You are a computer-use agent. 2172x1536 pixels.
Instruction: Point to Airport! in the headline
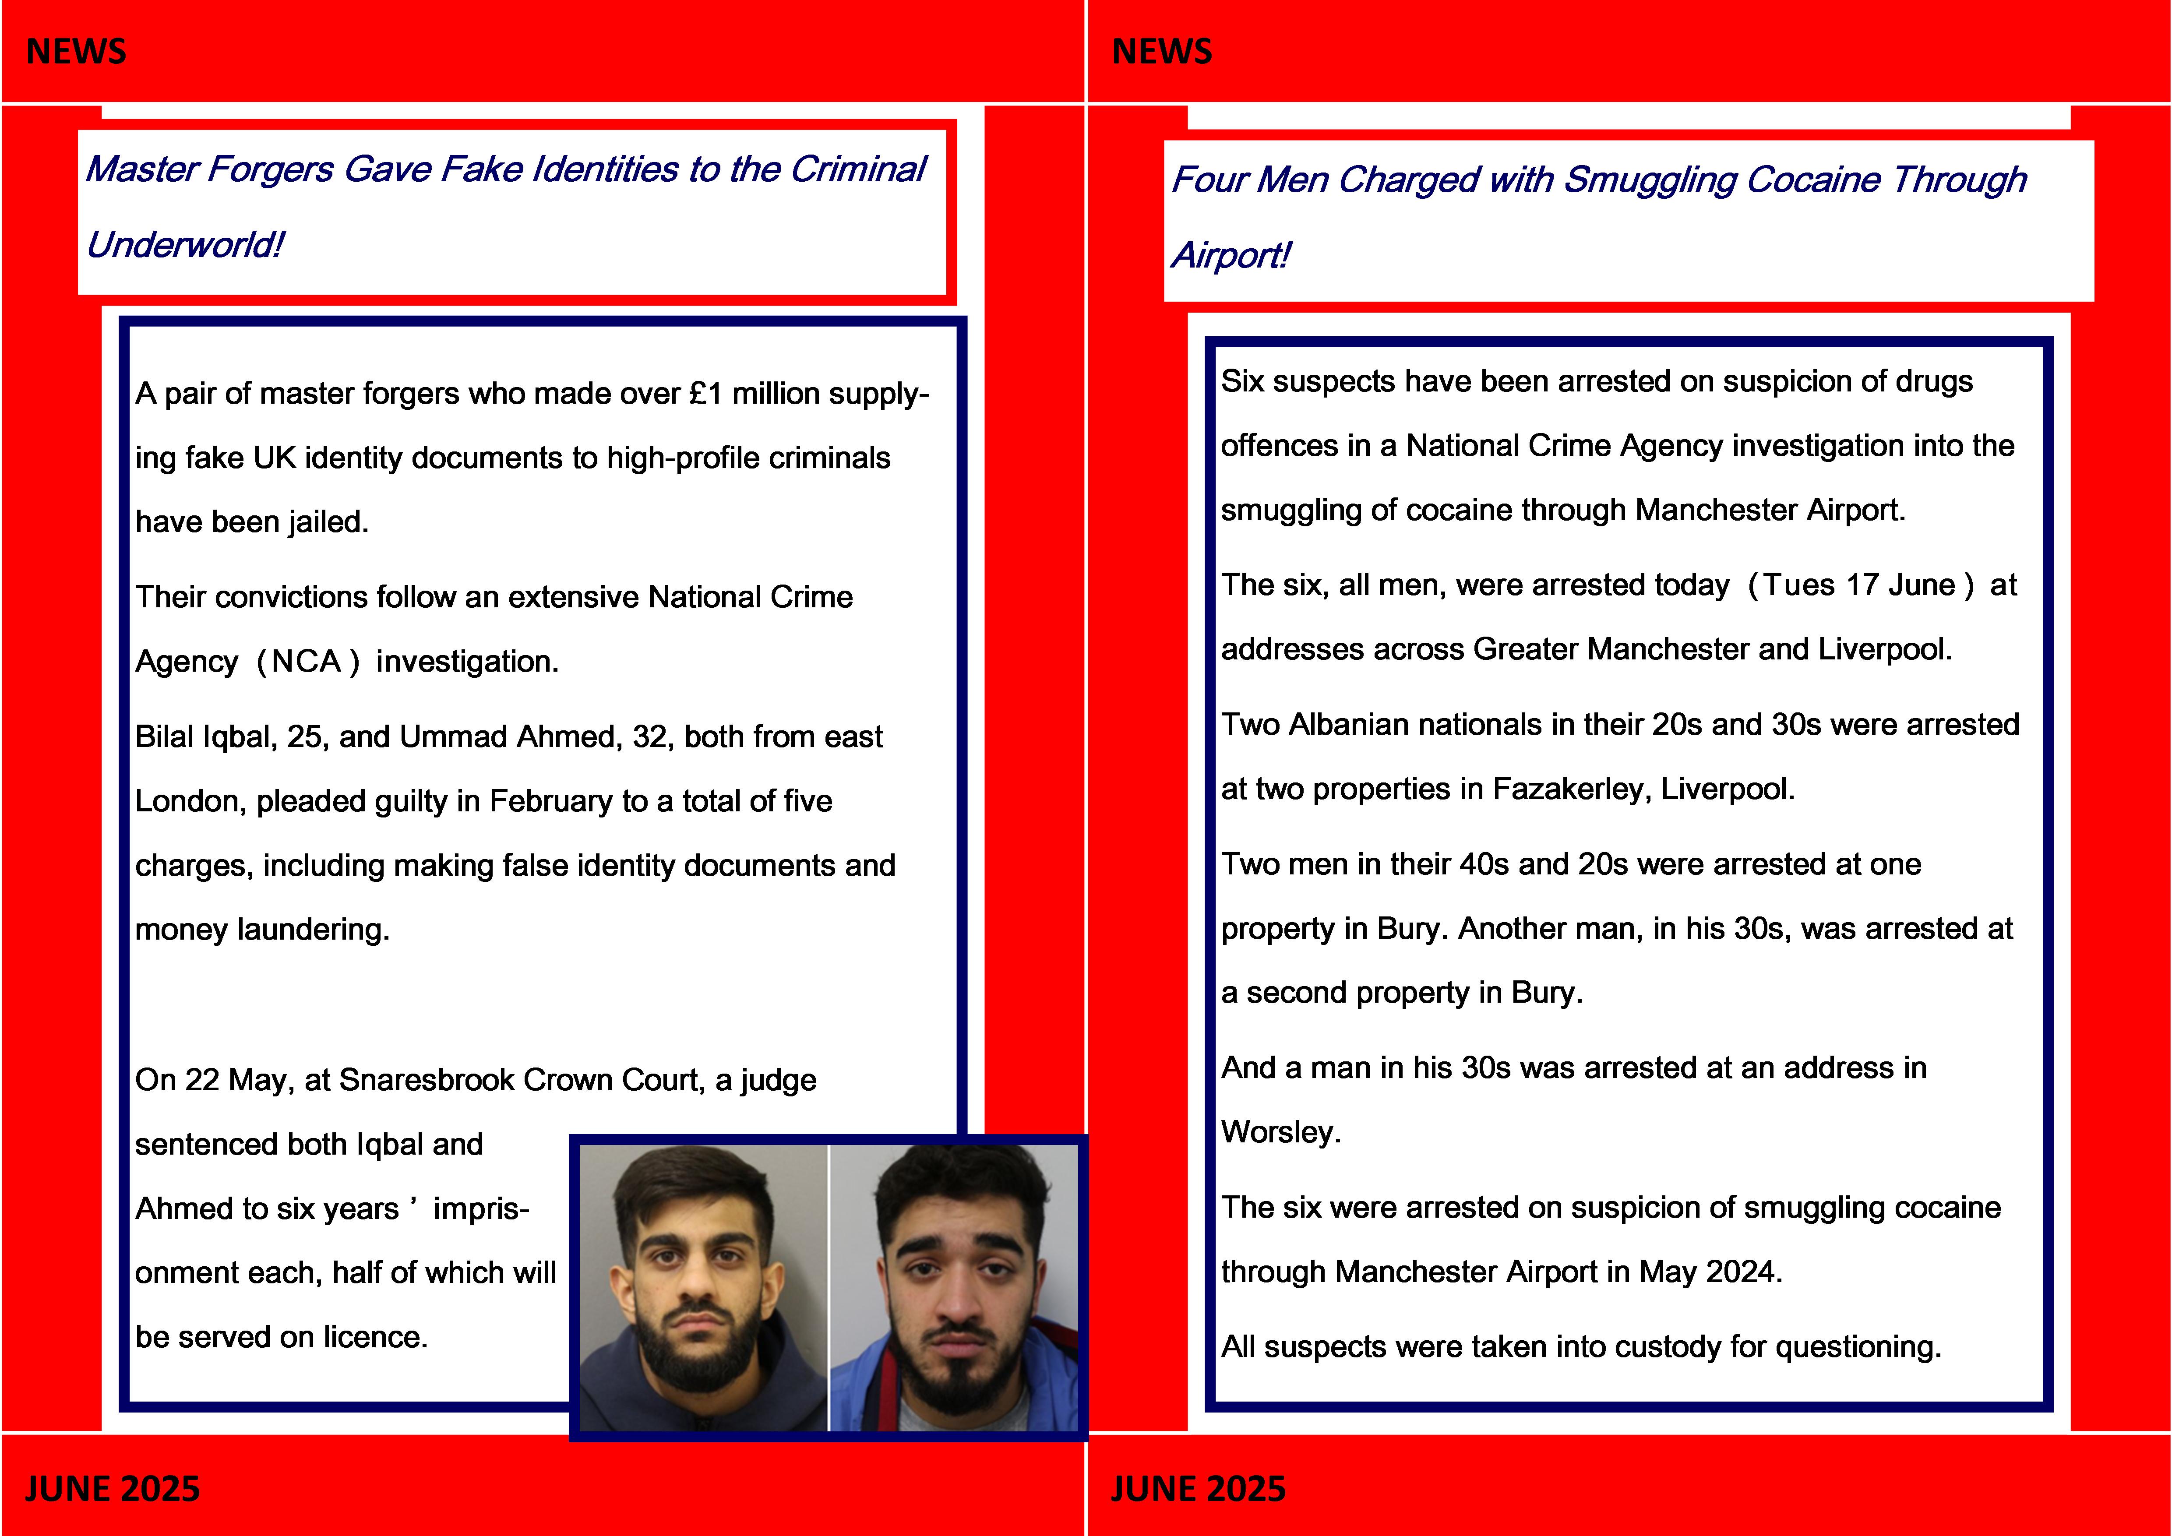point(1230,255)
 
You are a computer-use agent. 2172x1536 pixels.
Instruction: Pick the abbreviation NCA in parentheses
point(306,661)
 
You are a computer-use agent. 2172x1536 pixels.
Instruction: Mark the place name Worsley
point(1280,1132)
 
